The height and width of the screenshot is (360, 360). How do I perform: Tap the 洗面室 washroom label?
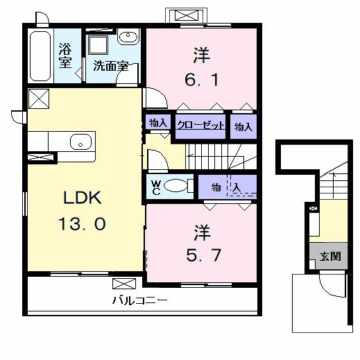[x=111, y=67]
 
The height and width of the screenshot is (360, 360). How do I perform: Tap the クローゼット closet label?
[x=201, y=126]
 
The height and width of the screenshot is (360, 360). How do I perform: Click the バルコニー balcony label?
[x=139, y=301]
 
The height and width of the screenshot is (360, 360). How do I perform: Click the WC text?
[x=156, y=187]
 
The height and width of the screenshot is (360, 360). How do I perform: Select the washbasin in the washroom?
[x=127, y=38]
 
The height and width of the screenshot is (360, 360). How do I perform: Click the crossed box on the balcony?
[x=126, y=284]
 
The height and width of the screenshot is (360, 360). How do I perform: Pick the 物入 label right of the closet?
[x=242, y=127]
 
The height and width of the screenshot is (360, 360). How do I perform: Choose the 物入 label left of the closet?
[x=157, y=123]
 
